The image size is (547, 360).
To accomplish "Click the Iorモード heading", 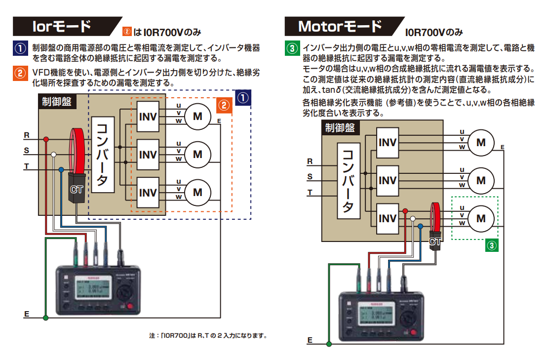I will tap(61, 26).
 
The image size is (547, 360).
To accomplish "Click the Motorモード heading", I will tap(340, 26).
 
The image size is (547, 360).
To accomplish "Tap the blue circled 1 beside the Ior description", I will tap(19, 49).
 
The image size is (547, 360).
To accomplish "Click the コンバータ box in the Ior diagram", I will tap(102, 155).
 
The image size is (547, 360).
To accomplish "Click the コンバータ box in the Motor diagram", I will tap(348, 181).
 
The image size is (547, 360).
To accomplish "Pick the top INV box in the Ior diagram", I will tap(148, 117).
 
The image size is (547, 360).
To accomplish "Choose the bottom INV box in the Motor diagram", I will tap(388, 218).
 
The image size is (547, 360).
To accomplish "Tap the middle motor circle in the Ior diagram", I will tap(197, 155).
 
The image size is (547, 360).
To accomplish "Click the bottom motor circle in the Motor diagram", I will tap(481, 218).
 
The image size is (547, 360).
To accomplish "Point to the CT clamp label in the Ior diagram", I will tap(77, 190).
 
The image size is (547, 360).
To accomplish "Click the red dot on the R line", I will tap(46, 139).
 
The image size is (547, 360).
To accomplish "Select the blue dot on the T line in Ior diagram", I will tap(61, 169).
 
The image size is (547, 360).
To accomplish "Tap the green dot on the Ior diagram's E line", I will tap(46, 318).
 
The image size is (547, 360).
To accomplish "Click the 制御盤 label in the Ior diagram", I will tap(56, 101).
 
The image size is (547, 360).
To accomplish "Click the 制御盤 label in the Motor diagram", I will tap(340, 128).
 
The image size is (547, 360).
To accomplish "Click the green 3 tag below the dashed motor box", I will tap(491, 245).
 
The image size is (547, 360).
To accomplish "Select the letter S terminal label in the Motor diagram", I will tap(310, 177).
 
